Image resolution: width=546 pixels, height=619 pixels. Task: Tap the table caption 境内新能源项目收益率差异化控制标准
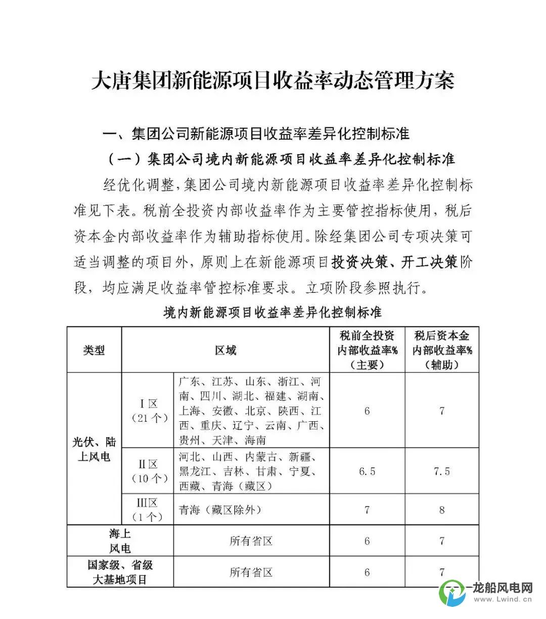tap(272, 312)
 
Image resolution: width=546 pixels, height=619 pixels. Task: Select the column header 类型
tap(94, 350)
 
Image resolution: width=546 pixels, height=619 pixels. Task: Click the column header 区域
tap(225, 350)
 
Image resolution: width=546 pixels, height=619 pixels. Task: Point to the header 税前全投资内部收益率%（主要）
tap(367, 350)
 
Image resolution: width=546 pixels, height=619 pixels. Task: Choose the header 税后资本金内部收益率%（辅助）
tap(442, 350)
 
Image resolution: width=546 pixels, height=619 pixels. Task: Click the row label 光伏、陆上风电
tap(94, 449)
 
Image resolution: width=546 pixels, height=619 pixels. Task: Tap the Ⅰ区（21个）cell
tap(148, 411)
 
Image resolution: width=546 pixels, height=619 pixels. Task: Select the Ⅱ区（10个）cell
tap(148, 471)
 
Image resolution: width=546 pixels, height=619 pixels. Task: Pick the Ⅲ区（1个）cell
tap(148, 509)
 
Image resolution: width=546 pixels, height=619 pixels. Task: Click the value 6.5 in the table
tap(367, 471)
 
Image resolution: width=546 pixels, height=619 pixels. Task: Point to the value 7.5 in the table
tap(442, 471)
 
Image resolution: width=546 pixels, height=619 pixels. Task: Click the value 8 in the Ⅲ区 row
tap(442, 510)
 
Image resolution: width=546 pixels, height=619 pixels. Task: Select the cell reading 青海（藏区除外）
tap(220, 510)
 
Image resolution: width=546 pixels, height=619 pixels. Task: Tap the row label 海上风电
tap(120, 541)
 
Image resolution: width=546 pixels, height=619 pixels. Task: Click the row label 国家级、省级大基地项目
tap(120, 572)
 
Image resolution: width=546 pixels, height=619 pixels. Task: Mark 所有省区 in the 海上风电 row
tap(251, 541)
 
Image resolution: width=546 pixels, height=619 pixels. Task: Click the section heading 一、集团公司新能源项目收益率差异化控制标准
tap(256, 134)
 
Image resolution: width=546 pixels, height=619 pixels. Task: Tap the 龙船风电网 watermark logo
tap(485, 593)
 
